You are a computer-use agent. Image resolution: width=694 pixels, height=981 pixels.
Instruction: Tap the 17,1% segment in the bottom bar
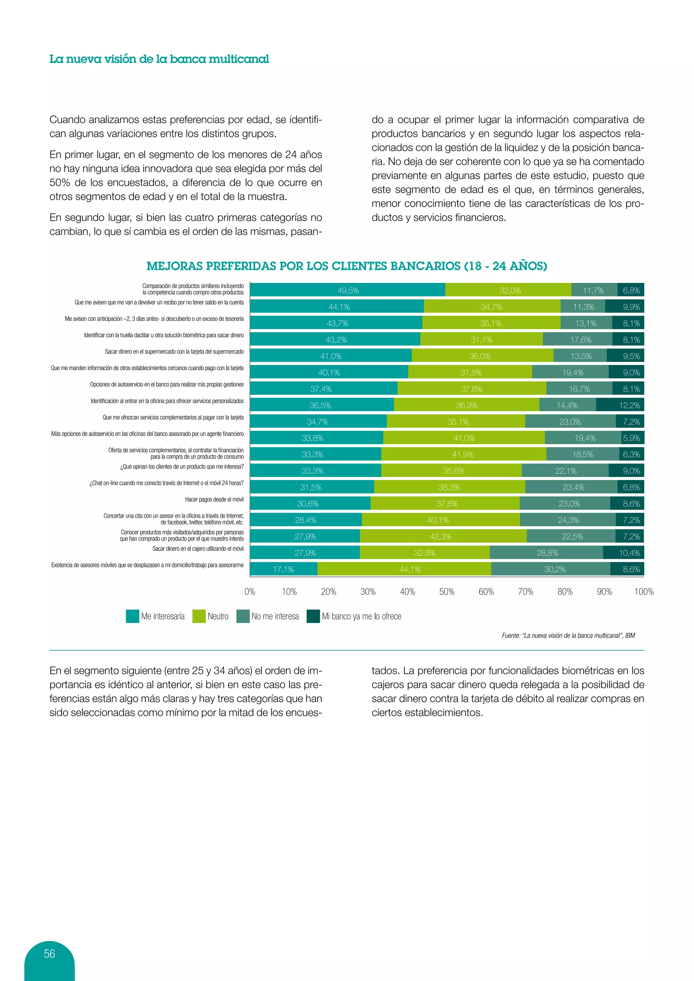pyautogui.click(x=283, y=569)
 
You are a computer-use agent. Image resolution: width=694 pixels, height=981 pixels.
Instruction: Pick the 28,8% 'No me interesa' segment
pyautogui.click(x=547, y=552)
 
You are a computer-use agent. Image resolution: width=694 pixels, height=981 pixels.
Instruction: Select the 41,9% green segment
pyautogui.click(x=463, y=454)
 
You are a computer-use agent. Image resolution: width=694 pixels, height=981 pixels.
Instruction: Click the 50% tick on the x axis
pyautogui.click(x=447, y=592)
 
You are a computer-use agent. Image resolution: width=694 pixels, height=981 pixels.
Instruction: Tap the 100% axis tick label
pyautogui.click(x=644, y=592)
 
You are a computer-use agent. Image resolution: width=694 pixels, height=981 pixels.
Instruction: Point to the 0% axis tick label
pyautogui.click(x=249, y=592)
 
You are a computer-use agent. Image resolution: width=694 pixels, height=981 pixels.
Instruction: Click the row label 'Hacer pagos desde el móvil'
pyautogui.click(x=214, y=499)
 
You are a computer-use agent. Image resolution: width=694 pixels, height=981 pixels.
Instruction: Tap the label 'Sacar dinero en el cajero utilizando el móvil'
pyautogui.click(x=198, y=549)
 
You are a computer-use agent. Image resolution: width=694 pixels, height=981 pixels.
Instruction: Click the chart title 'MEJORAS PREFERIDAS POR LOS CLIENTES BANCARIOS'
pyautogui.click(x=347, y=266)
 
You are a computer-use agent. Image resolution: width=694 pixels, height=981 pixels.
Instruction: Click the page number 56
pyautogui.click(x=49, y=954)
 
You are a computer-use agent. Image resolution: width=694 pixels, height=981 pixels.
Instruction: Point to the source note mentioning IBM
pyautogui.click(x=568, y=635)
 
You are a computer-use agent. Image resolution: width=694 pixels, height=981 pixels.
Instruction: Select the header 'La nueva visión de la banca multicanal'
pyautogui.click(x=159, y=59)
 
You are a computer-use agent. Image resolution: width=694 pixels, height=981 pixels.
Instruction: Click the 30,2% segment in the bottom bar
pyautogui.click(x=554, y=569)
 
